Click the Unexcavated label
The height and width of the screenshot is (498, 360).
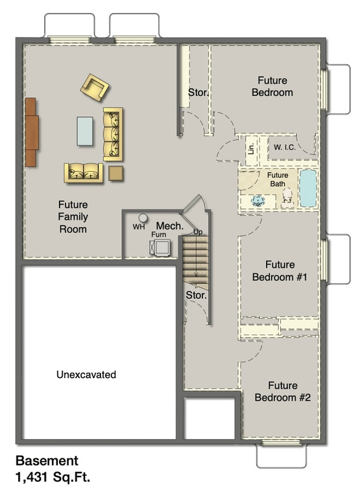coord(86,374)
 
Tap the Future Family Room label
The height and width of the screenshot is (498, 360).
coord(73,216)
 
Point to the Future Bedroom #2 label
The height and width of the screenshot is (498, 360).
coord(282,391)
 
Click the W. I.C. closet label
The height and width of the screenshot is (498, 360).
coord(284,147)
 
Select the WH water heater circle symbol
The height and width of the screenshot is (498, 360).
coord(141,219)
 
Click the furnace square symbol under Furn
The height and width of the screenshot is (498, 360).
coord(158,246)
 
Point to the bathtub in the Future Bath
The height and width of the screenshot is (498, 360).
coord(307,189)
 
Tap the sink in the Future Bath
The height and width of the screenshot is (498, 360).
coord(259,200)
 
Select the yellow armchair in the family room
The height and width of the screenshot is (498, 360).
coord(95,87)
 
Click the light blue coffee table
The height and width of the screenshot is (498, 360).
coord(85,131)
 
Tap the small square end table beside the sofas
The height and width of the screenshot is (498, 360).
coord(115,173)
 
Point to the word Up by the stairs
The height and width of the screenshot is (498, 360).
coord(198,231)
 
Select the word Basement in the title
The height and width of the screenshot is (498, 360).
coord(47,461)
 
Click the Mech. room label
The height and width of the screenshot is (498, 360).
coord(167,226)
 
